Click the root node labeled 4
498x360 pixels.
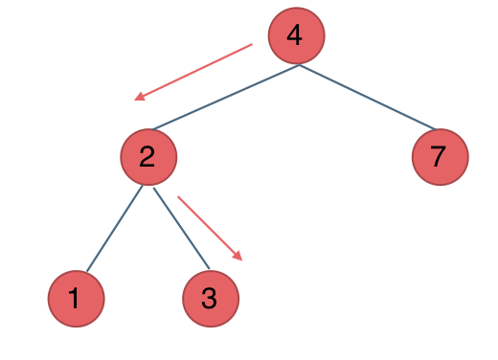(x=297, y=35)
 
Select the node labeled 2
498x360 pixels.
(x=148, y=157)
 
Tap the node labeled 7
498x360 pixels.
(x=441, y=157)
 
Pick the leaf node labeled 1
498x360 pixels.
(x=77, y=299)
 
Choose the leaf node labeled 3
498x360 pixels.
(x=211, y=299)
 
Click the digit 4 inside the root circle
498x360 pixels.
(x=294, y=34)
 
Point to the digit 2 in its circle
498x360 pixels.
(x=147, y=156)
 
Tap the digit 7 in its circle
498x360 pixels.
(x=438, y=156)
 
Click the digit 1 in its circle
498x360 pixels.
(x=74, y=298)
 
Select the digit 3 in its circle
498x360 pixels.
(x=209, y=298)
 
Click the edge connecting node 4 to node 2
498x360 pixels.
(x=226, y=98)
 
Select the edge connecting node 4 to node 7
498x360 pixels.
(x=368, y=98)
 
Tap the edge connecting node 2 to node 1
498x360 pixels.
(x=115, y=229)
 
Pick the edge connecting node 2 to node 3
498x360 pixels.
(x=181, y=228)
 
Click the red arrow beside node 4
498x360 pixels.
(x=193, y=72)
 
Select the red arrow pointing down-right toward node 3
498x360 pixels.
(x=210, y=229)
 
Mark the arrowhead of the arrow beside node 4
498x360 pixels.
(x=139, y=97)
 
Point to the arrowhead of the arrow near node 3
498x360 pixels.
(x=238, y=257)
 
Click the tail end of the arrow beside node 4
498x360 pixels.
(x=252, y=44)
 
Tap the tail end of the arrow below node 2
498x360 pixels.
(x=178, y=196)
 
